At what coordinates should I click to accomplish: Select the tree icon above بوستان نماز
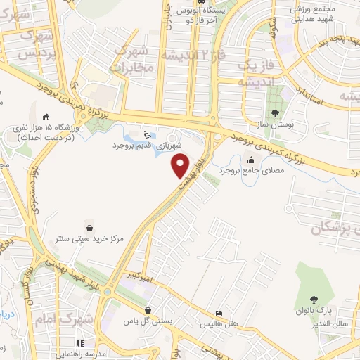coord(275,112)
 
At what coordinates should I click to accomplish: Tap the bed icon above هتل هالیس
coord(219,313)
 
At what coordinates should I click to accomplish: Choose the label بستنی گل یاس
coord(148,321)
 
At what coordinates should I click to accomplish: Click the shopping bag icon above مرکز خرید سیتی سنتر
coord(90,227)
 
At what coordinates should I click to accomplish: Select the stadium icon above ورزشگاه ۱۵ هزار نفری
coord(46,117)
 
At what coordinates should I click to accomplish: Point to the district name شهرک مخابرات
coord(130,59)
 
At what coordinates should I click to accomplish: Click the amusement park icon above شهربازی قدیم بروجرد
coord(146,134)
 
